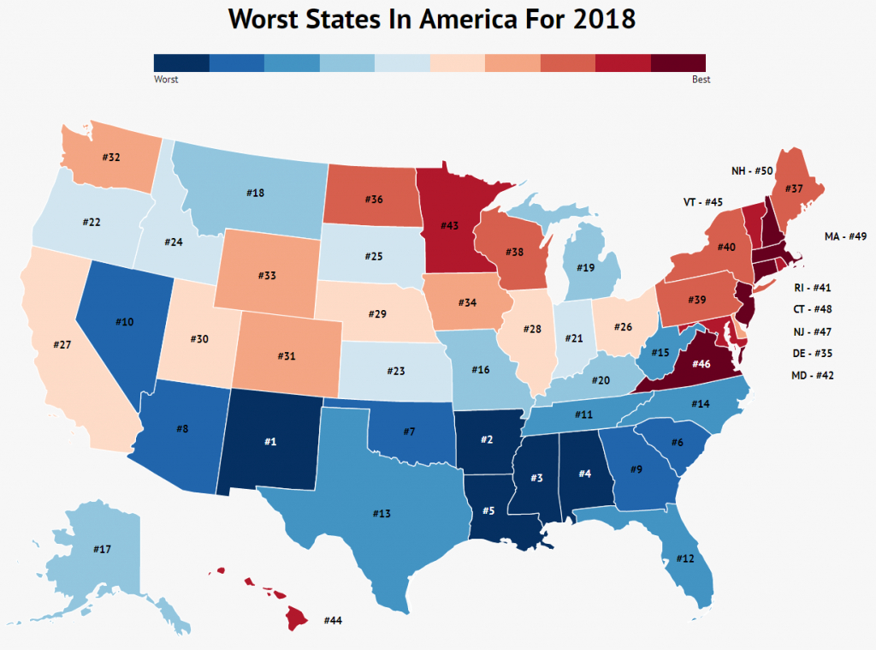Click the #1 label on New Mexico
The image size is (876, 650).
tap(269, 441)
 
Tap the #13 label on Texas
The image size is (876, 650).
tap(382, 513)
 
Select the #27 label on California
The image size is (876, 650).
tap(61, 343)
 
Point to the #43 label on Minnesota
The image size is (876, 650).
tap(450, 225)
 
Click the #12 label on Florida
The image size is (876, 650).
tap(684, 559)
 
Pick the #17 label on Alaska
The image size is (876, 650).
tap(99, 550)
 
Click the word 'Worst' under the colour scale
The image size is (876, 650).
tap(166, 80)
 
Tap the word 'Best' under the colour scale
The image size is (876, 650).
tap(701, 80)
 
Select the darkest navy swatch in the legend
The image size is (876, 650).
tap(181, 63)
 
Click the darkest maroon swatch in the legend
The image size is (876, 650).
tap(678, 63)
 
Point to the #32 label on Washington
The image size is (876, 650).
tap(111, 158)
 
